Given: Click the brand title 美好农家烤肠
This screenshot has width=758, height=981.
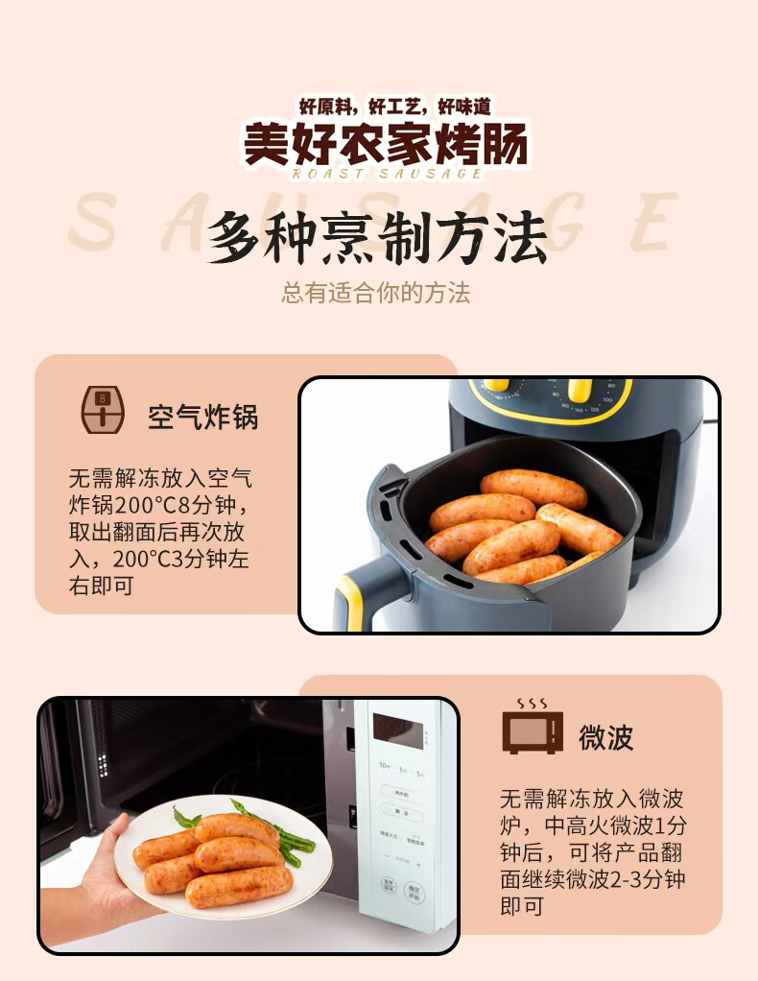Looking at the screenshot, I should [385, 143].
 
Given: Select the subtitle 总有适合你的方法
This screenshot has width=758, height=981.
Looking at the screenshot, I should [376, 293].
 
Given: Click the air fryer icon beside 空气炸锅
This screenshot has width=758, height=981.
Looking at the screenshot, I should [103, 410].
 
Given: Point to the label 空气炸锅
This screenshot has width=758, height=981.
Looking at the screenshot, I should [202, 418].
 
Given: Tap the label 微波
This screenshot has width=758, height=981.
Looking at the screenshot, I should [605, 737].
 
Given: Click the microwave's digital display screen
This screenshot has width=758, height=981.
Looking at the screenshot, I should [397, 730].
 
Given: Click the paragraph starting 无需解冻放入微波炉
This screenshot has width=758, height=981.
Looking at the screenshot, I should [593, 851].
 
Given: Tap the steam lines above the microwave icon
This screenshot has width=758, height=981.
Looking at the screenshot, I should [532, 704].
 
